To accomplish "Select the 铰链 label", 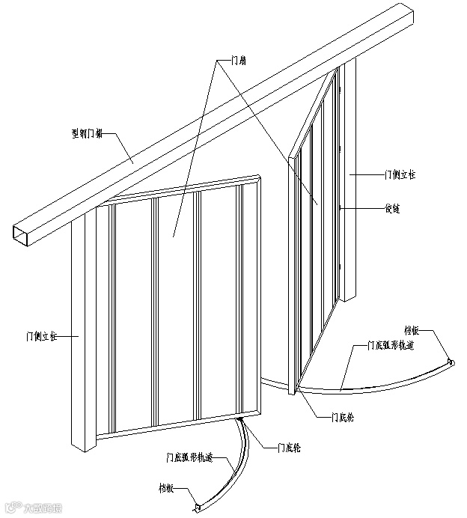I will [x=391, y=209].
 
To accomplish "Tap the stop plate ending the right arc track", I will [x=451, y=363].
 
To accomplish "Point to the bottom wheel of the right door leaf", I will [x=296, y=389].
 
